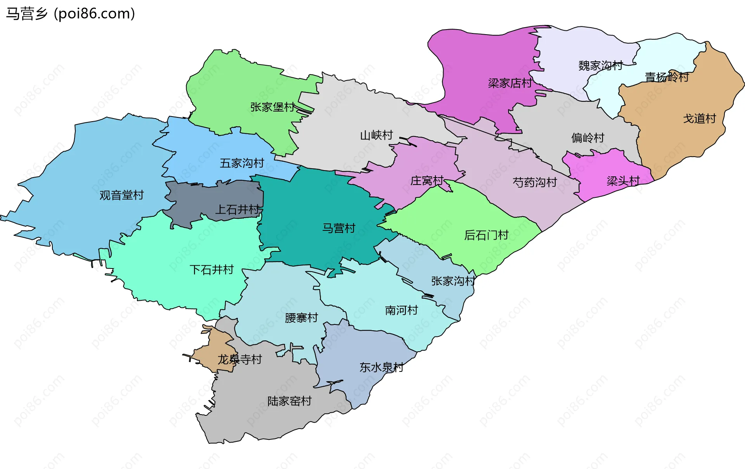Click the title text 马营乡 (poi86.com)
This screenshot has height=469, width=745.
tap(70, 14)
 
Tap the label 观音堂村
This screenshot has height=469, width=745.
tap(121, 195)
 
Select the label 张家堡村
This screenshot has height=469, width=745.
tap(272, 107)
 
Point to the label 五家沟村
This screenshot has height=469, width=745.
tap(242, 163)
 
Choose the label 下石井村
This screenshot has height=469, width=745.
tap(211, 270)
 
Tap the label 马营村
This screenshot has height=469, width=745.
tap(339, 228)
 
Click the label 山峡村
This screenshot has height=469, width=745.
tap(376, 135)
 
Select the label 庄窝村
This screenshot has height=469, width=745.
tap(427, 181)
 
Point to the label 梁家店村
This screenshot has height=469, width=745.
tap(510, 83)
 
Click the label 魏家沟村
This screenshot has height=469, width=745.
tap(600, 66)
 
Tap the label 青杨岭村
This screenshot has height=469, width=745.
tap(667, 77)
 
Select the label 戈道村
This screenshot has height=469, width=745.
tap(699, 119)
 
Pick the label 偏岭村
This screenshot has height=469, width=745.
tap(587, 138)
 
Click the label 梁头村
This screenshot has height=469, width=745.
tap(623, 181)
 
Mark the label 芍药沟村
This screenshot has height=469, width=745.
tap(535, 182)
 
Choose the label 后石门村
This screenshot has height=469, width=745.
tap(486, 235)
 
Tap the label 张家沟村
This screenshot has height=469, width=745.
tap(453, 281)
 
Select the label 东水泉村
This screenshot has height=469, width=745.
tap(381, 367)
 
